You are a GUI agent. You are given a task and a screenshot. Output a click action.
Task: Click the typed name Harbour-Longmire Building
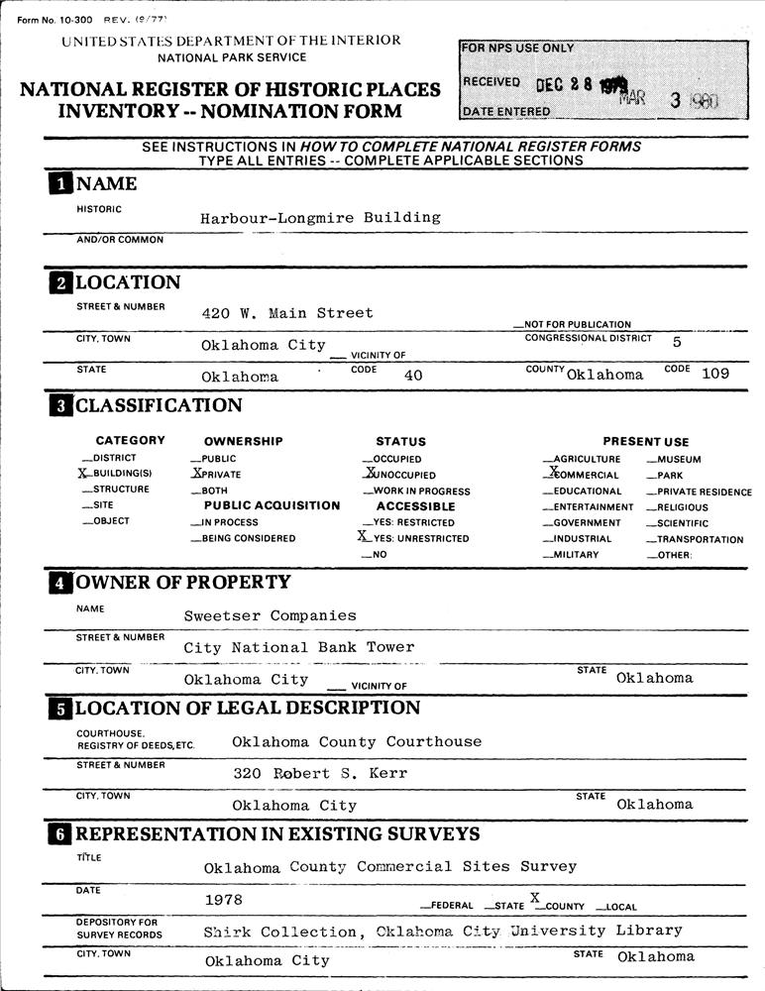[x=320, y=218]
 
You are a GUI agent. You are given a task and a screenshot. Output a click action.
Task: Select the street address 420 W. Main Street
[x=287, y=313]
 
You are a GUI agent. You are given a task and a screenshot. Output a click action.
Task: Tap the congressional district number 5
[x=677, y=341]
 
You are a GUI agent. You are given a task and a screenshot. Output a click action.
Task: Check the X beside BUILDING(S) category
[x=83, y=474]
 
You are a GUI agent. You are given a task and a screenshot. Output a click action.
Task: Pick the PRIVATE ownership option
[x=196, y=474]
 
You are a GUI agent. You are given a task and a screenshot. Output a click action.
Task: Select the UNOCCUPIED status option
[x=369, y=474]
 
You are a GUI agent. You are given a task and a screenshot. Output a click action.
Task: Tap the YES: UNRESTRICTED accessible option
[x=364, y=537]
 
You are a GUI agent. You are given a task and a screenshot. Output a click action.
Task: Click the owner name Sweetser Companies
[x=270, y=615]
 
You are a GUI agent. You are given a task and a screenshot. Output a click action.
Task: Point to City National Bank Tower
[x=298, y=647]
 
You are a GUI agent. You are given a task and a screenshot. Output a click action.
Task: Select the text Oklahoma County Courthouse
[x=356, y=742]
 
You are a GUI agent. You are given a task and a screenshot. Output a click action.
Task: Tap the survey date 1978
[x=223, y=900]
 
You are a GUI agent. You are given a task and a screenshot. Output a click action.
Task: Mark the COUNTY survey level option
[x=536, y=898]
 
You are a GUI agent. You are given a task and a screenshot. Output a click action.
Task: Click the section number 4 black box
[x=59, y=583]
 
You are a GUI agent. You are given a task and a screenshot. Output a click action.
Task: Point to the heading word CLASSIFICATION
[x=159, y=405]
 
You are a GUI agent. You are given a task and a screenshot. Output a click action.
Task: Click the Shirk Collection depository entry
[x=442, y=932]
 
